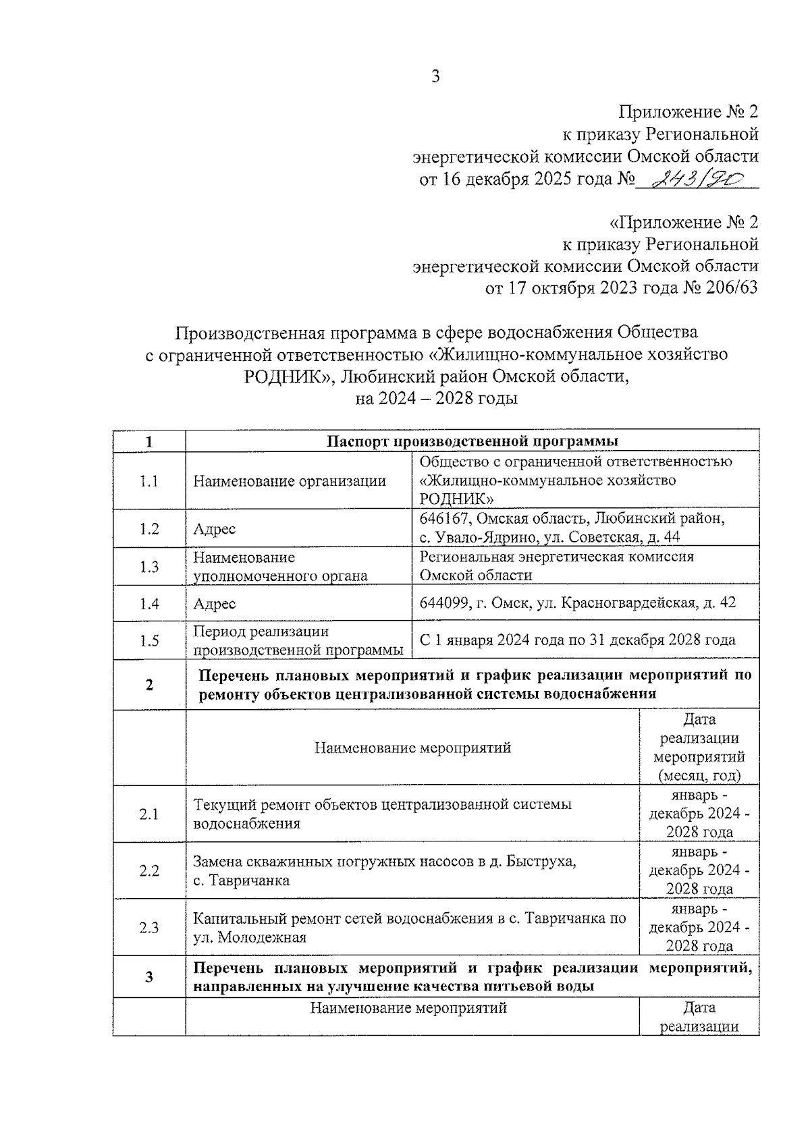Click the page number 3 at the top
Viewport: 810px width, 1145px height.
pos(435,76)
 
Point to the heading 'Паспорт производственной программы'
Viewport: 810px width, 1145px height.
pos(473,441)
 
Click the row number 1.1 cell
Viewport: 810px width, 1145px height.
pos(148,481)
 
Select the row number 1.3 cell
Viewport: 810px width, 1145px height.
pos(148,567)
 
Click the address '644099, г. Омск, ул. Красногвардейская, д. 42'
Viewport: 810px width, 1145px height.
pos(577,603)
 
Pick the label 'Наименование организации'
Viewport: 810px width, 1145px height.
pos(290,481)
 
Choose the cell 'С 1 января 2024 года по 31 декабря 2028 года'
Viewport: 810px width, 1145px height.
pos(577,640)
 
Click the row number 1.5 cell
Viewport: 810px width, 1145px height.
pos(148,640)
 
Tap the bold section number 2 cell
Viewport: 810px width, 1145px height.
pos(148,685)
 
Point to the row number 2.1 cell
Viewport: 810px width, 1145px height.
pos(148,814)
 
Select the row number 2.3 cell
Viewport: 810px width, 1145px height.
pos(148,927)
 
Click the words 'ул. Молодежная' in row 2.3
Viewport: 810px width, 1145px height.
pos(249,937)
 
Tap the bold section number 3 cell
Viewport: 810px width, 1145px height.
pos(148,977)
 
